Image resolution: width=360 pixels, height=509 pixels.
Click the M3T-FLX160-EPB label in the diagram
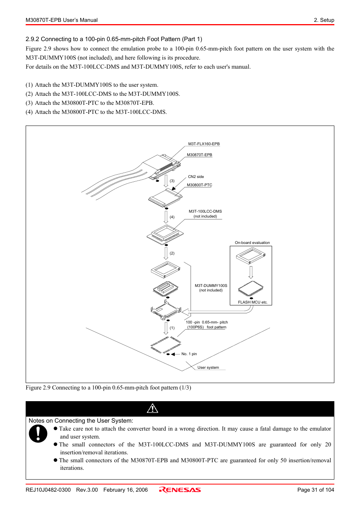coord(204,144)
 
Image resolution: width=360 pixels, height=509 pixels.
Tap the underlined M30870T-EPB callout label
coord(199,155)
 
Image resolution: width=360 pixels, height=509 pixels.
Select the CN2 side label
coord(196,176)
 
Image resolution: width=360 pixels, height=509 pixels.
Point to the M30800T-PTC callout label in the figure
coord(199,185)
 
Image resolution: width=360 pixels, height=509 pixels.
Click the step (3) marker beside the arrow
coord(172,181)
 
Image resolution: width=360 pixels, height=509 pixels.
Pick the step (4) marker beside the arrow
coord(172,217)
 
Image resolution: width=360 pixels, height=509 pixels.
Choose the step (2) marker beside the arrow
coord(172,253)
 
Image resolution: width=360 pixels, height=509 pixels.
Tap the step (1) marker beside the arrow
coord(172,328)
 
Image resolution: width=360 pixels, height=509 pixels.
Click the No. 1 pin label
coord(189,354)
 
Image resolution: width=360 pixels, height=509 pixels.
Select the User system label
coord(208,367)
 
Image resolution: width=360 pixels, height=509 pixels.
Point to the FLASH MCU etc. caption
coord(252,302)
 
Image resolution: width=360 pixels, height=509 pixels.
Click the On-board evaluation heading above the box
coord(252,243)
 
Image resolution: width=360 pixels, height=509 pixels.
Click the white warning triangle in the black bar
coord(152,408)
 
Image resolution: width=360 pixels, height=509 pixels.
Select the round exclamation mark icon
coord(38,434)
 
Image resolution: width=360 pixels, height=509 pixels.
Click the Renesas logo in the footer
coord(180,490)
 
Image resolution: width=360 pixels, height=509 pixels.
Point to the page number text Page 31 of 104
coord(315,490)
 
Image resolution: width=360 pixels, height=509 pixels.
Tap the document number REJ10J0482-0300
coord(48,490)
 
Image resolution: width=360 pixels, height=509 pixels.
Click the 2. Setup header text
coord(324,20)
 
